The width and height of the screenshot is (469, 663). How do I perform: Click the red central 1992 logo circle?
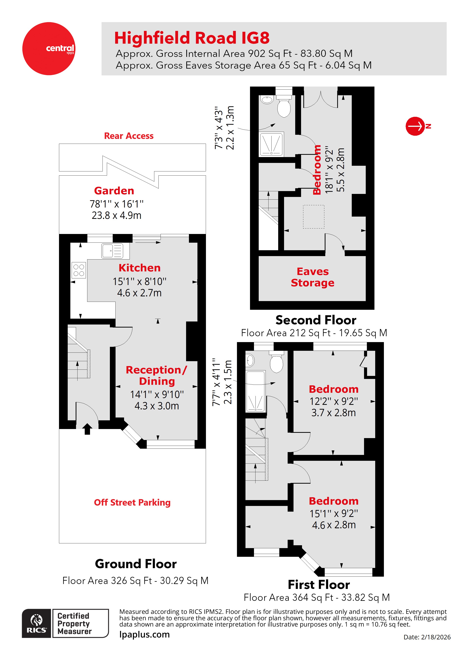[x=49, y=49]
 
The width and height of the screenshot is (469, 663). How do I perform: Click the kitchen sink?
[x=112, y=251]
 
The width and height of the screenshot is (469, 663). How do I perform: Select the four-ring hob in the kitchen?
[x=79, y=270]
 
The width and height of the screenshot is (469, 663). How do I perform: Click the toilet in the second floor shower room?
[x=284, y=107]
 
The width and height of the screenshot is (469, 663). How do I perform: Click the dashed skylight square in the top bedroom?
[x=314, y=217]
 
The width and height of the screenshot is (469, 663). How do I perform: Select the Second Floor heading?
[x=316, y=320]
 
